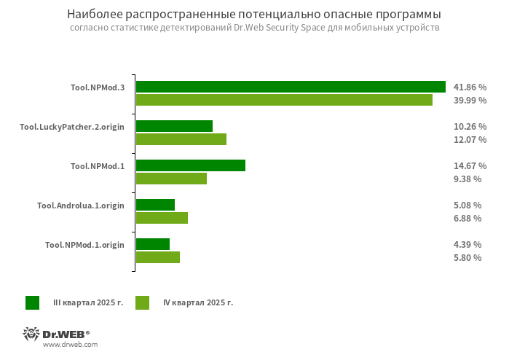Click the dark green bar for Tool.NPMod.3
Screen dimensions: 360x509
291,87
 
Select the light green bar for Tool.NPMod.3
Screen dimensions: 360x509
284,100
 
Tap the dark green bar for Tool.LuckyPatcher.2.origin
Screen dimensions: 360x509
174,126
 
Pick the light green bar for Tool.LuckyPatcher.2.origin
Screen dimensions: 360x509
181,139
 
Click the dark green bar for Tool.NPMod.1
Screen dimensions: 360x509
191,165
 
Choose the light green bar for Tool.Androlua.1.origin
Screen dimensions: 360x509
162,218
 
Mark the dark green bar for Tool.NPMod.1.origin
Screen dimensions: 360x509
153,244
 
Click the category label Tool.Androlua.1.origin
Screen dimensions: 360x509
81,206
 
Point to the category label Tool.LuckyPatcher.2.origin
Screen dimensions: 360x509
72,127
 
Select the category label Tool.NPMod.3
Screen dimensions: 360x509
98,87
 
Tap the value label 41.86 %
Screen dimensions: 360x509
470,87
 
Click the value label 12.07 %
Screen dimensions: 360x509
470,139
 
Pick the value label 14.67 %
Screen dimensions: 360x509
470,165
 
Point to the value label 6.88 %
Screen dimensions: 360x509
467,218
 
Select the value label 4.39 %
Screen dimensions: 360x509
467,244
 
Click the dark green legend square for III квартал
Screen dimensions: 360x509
32,302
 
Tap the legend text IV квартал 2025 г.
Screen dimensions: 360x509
197,302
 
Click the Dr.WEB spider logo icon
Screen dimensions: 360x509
31,334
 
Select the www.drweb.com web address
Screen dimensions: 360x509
70,345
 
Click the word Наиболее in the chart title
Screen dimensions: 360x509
90,15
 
